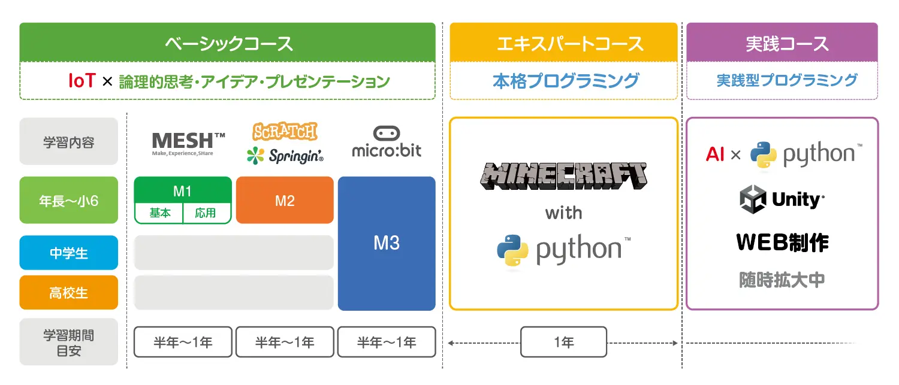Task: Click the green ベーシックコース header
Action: [227, 43]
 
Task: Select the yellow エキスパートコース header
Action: [563, 43]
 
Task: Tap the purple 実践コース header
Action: [782, 43]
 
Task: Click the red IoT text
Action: [81, 81]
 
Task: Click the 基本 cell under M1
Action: [159, 213]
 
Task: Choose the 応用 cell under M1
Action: [206, 213]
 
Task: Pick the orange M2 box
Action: [285, 200]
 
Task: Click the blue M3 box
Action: [387, 243]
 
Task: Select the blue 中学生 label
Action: [68, 253]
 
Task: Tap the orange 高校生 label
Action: [68, 293]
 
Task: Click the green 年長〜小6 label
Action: [68, 200]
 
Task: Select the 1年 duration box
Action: [563, 342]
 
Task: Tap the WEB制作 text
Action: [782, 242]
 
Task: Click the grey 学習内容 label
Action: [68, 142]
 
